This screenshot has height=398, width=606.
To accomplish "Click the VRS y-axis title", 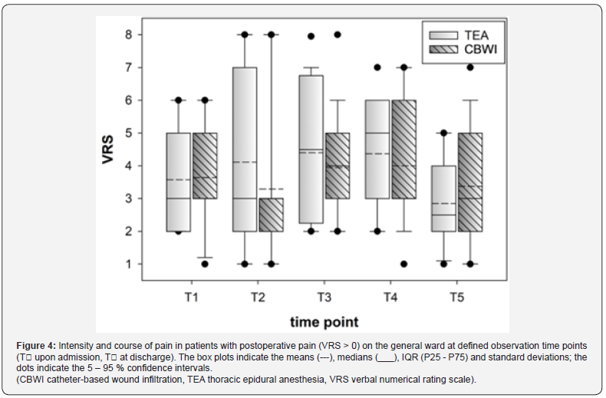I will tap(109, 150).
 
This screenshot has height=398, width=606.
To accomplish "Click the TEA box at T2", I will tap(245, 150).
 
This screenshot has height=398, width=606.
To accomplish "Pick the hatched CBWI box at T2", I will tap(270, 215).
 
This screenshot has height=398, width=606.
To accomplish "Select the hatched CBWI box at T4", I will tap(403, 150).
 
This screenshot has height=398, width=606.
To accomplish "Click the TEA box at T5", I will tap(443, 199).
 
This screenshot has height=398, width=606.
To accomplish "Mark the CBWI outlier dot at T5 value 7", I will tap(470, 67).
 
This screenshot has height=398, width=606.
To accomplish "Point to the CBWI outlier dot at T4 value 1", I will tap(403, 264).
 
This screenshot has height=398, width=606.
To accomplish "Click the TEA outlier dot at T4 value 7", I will tap(377, 67).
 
